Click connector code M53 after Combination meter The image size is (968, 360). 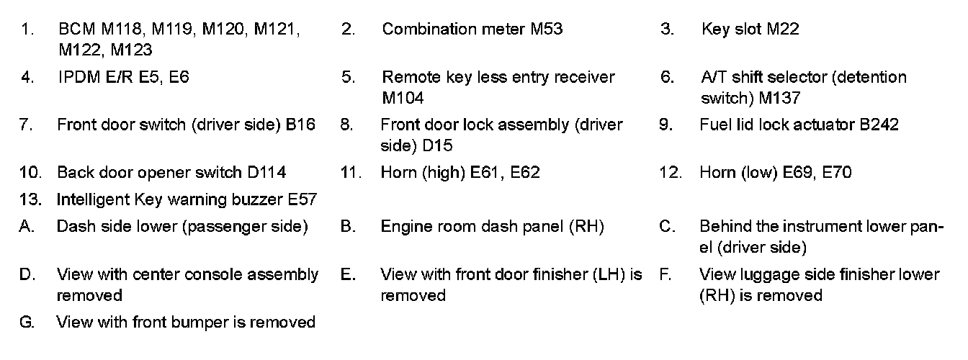point(547,30)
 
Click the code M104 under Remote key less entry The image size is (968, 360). point(403,97)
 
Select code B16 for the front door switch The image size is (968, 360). point(300,125)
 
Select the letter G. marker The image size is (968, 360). point(27,323)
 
